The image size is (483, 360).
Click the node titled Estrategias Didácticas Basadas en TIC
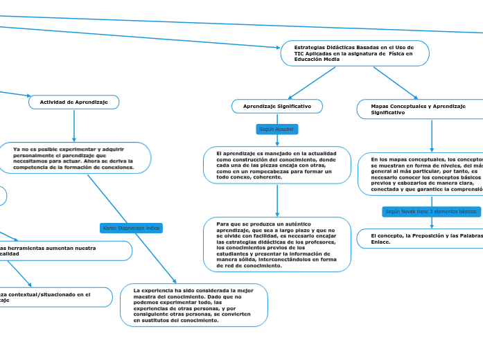pos(354,53)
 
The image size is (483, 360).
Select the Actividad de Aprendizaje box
pos(74,102)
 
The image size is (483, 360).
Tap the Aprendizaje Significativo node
pos(277,106)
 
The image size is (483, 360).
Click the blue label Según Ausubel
pos(276,129)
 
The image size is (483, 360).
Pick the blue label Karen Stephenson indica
pos(131,228)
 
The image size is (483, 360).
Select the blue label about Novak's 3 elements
pos(431,211)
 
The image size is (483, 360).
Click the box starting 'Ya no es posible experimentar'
pos(73,158)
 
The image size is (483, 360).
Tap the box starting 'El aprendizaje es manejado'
pos(277,165)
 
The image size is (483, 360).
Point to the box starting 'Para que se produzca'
pos(277,245)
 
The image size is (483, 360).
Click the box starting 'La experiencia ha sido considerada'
pos(194,305)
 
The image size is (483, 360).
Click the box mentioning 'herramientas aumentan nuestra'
pos(62,251)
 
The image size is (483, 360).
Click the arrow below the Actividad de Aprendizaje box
pos(74,126)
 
